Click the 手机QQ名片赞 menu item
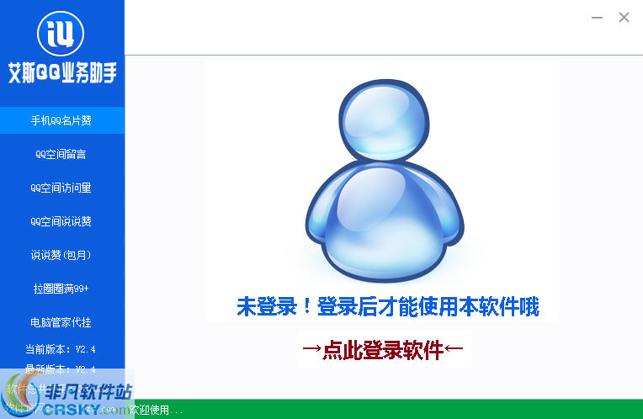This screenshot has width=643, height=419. [61, 120]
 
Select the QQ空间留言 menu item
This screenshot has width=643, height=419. [61, 154]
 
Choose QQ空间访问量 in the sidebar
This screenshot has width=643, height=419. [61, 188]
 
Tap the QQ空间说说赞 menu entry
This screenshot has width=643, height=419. [61, 221]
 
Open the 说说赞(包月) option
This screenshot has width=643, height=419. [61, 255]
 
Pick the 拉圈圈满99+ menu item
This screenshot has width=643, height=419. [61, 289]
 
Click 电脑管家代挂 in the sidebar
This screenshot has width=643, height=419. [61, 322]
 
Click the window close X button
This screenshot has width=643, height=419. [624, 17]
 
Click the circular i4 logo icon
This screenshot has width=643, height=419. [61, 32]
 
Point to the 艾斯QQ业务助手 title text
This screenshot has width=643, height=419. [61, 74]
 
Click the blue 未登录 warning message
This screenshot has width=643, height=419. [387, 307]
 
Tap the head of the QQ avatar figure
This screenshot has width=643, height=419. [383, 118]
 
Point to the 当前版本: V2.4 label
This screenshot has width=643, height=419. [61, 349]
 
